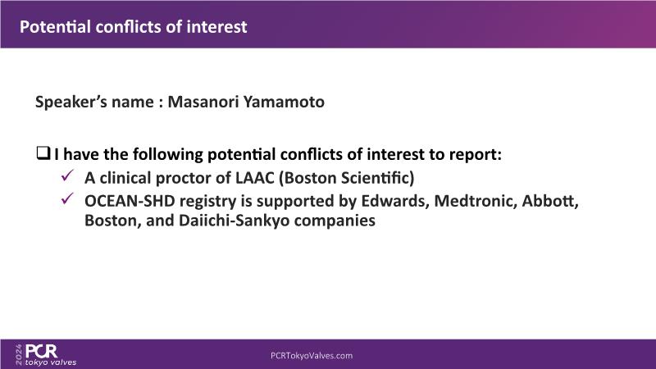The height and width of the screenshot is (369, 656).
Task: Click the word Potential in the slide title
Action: pyautogui.click(x=55, y=27)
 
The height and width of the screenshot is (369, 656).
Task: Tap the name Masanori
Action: pyautogui.click(x=203, y=102)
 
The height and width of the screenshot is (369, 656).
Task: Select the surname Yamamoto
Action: pyautogui.click(x=284, y=102)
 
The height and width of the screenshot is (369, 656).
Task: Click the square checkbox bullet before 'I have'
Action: pyautogui.click(x=43, y=153)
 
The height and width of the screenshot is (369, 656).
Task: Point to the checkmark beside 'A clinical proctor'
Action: pyautogui.click(x=67, y=175)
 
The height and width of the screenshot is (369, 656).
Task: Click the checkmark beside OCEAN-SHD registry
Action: pyautogui.click(x=67, y=198)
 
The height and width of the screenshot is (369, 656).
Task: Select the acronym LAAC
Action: pyautogui.click(x=254, y=178)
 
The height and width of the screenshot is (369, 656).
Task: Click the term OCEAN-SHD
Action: pyautogui.click(x=130, y=201)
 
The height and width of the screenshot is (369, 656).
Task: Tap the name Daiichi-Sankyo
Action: pyautogui.click(x=235, y=221)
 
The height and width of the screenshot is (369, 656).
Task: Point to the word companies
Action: pyautogui.click(x=335, y=221)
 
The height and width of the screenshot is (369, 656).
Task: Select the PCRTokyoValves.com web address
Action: pyautogui.click(x=312, y=356)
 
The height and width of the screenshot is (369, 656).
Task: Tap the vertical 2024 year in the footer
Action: pyautogui.click(x=19, y=355)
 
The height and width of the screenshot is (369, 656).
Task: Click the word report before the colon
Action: pyautogui.click(x=473, y=154)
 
